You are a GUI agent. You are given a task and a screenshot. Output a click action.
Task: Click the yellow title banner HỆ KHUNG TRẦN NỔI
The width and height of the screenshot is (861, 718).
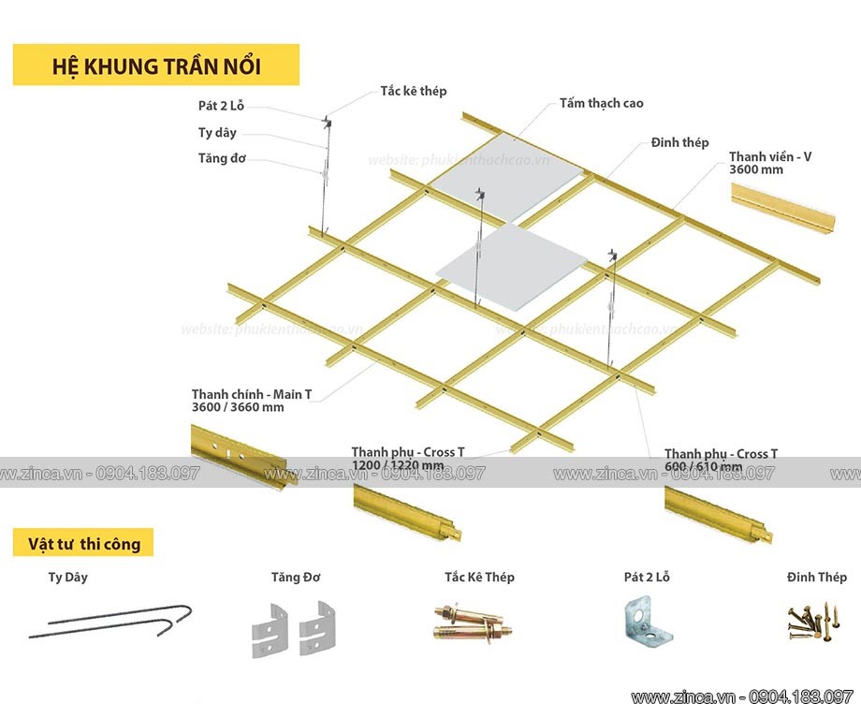[x=155, y=66]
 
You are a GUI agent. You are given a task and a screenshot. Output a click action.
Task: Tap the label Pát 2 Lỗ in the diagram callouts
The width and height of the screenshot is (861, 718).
[x=222, y=108]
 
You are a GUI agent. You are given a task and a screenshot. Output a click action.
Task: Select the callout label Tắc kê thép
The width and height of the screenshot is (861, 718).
[x=413, y=91]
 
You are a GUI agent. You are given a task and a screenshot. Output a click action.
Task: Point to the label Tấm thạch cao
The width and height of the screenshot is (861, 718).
[x=601, y=103]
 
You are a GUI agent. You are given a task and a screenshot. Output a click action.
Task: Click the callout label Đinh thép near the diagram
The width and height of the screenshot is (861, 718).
[x=679, y=142]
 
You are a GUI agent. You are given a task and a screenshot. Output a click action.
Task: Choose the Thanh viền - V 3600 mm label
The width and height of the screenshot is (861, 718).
[x=770, y=163]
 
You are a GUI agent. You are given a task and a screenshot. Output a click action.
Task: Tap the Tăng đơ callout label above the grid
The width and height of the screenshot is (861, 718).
[x=222, y=158]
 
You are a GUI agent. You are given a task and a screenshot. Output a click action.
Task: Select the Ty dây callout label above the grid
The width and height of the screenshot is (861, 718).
[x=218, y=133]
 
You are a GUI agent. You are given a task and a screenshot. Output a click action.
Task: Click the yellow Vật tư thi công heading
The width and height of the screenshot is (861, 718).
[x=83, y=542]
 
